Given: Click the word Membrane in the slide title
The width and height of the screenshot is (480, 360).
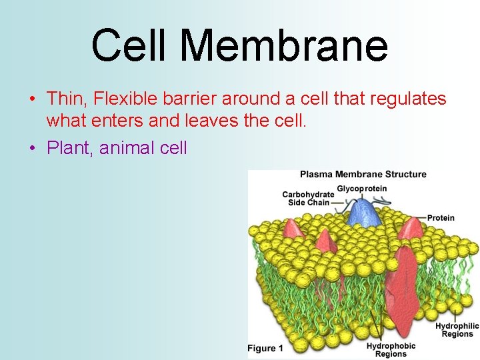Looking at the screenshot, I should (x=283, y=45).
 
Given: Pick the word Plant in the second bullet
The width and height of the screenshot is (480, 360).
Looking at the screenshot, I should (x=69, y=147).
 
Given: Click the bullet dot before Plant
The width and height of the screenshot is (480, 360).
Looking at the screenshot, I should (x=33, y=147).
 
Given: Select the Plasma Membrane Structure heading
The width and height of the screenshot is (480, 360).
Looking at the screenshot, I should (x=363, y=175).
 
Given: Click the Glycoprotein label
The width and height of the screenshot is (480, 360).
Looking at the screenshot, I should (x=361, y=189).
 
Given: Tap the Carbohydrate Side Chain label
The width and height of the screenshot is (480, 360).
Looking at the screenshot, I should (x=307, y=199).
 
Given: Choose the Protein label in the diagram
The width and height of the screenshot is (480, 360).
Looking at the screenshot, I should (x=441, y=217).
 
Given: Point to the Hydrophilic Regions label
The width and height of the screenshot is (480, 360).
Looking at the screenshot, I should (x=457, y=330).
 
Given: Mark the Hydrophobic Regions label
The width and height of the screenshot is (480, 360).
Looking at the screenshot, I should (x=391, y=350).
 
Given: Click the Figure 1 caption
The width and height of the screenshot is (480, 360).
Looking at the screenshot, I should (x=265, y=349).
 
